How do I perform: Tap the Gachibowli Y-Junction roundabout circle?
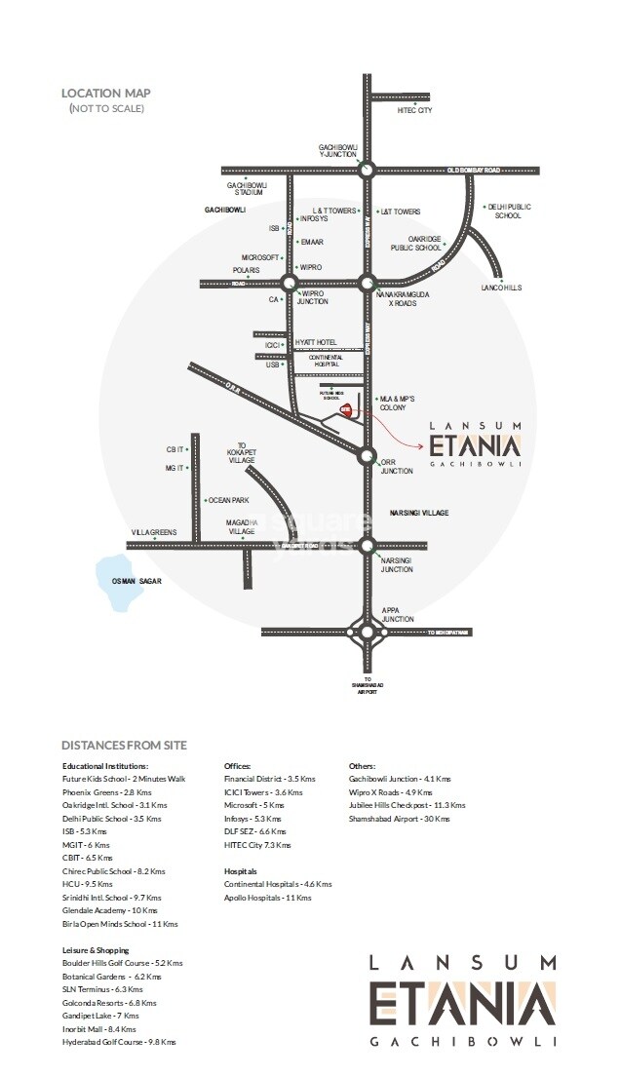coord(367,170)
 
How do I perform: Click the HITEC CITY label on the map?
coord(415,112)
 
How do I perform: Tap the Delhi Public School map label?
coord(508,211)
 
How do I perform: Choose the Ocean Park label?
coord(230,500)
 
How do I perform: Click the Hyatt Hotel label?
coord(315,343)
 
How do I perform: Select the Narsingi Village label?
coord(419,512)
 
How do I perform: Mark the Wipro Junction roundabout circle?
coord(289,284)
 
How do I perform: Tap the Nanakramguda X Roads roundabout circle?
coord(367,284)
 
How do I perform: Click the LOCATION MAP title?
coord(105,94)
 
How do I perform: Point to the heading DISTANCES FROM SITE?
coord(124,746)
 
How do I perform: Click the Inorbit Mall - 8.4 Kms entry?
coord(99,1028)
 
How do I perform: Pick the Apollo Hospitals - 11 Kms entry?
coord(268,897)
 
